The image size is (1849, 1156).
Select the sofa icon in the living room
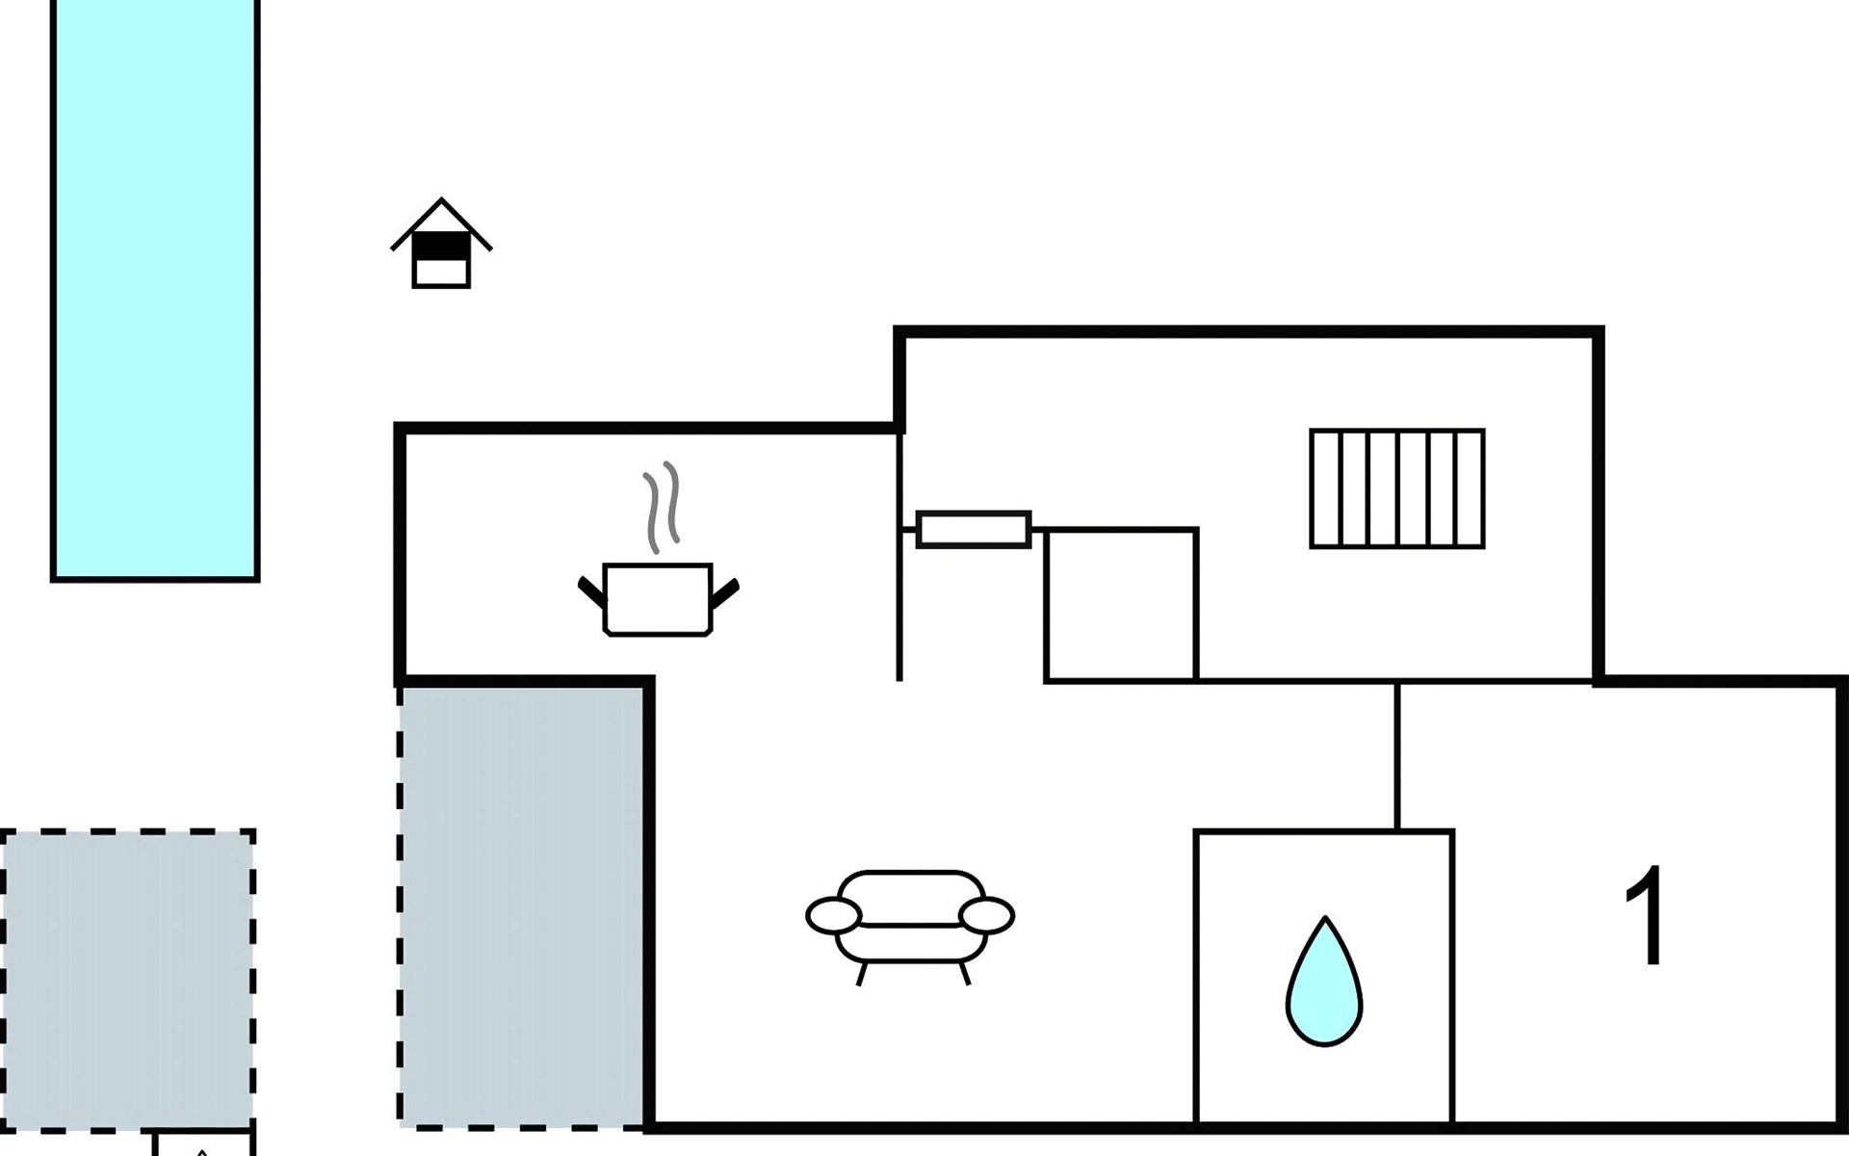point(910,920)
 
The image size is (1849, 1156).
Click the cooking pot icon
point(658,599)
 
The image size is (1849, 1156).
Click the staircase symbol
point(1397,488)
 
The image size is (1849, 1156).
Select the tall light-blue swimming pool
point(155,289)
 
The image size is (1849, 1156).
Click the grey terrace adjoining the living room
point(522,906)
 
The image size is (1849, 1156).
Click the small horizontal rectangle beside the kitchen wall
point(973,530)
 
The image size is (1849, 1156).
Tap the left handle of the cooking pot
point(590,591)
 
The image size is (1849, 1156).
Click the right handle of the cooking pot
point(725,591)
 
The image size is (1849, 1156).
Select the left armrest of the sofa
point(833,915)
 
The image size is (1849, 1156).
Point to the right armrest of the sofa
point(987,915)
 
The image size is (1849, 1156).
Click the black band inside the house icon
point(441,248)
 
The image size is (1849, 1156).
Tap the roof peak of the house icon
point(441,202)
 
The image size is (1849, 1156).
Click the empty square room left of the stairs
point(1121,605)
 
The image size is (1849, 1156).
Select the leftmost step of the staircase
point(1326,488)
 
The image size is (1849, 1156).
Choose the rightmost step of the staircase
point(1470,488)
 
